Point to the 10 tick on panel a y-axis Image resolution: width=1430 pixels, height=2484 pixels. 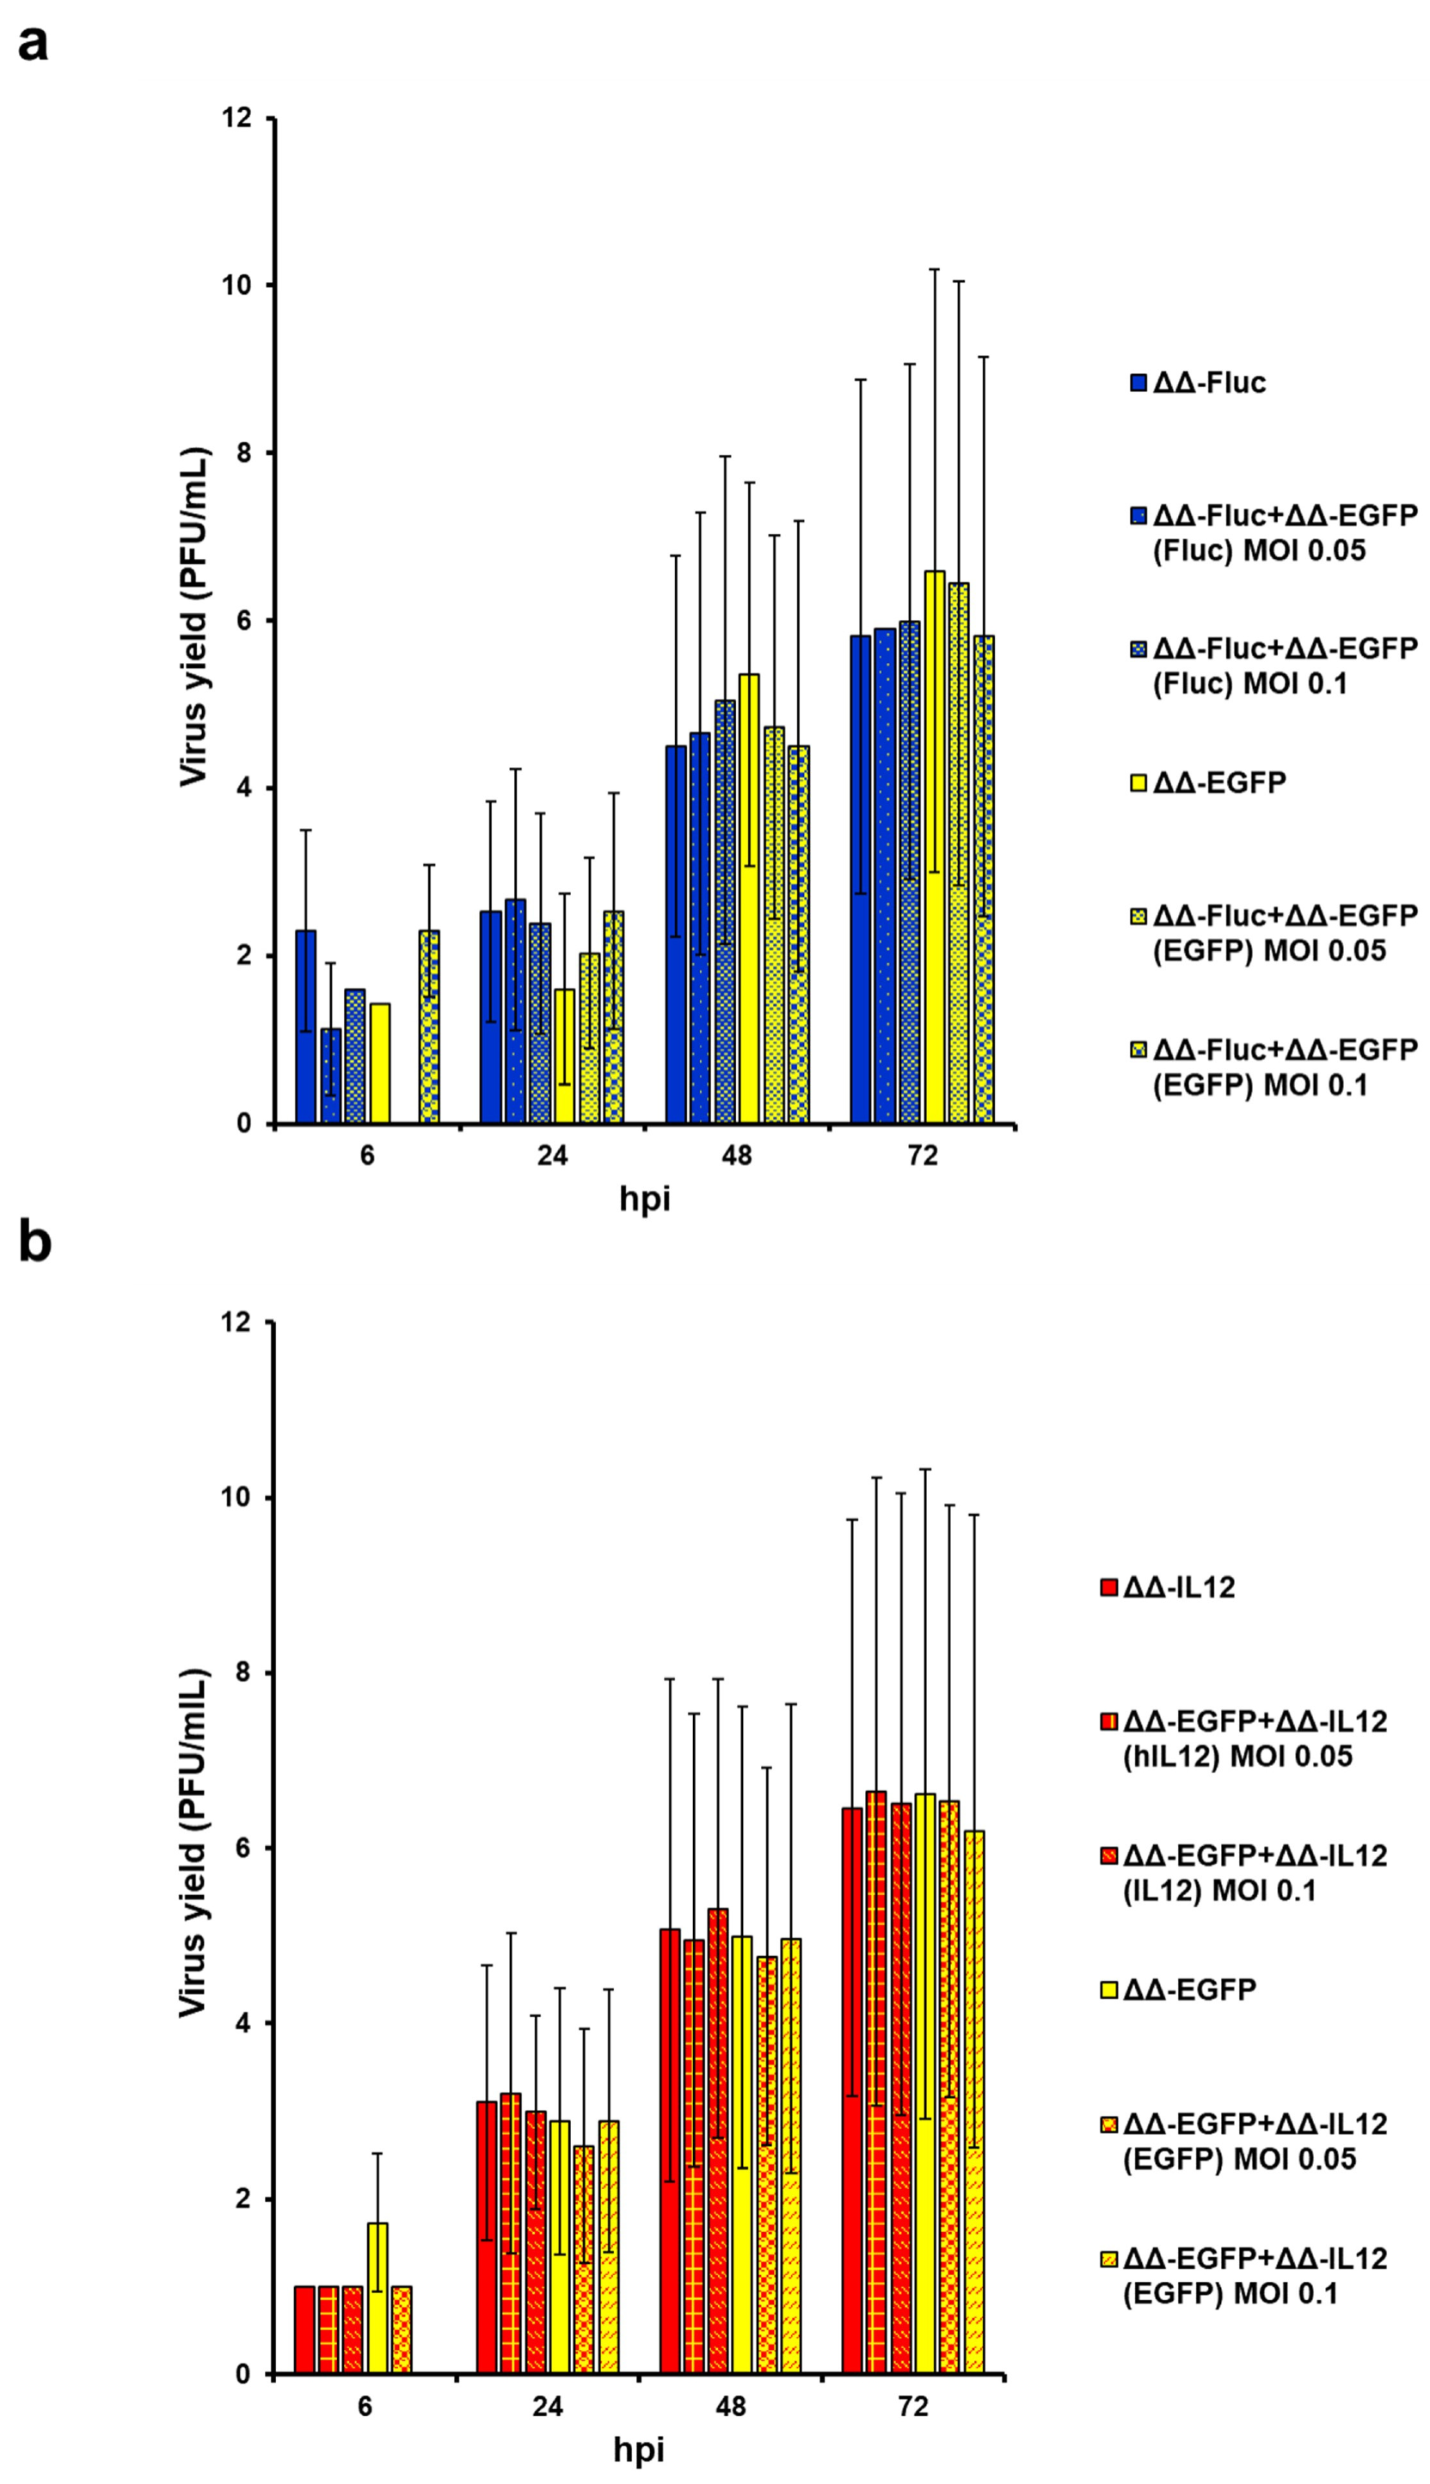pyautogui.click(x=241, y=285)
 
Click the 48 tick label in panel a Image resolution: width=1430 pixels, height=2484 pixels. pyautogui.click(x=737, y=1156)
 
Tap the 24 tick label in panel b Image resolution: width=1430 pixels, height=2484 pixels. pyautogui.click(x=548, y=2407)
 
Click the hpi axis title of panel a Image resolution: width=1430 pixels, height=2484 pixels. pyautogui.click(x=644, y=1199)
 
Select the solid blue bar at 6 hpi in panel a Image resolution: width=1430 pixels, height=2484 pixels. pyautogui.click(x=305, y=1027)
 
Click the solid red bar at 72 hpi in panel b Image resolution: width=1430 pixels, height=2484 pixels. pyautogui.click(x=851, y=2091)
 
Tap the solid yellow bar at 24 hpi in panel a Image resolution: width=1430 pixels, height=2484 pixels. pyautogui.click(x=564, y=1057)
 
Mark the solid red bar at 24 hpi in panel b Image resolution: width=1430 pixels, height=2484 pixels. pyautogui.click(x=486, y=2239)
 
